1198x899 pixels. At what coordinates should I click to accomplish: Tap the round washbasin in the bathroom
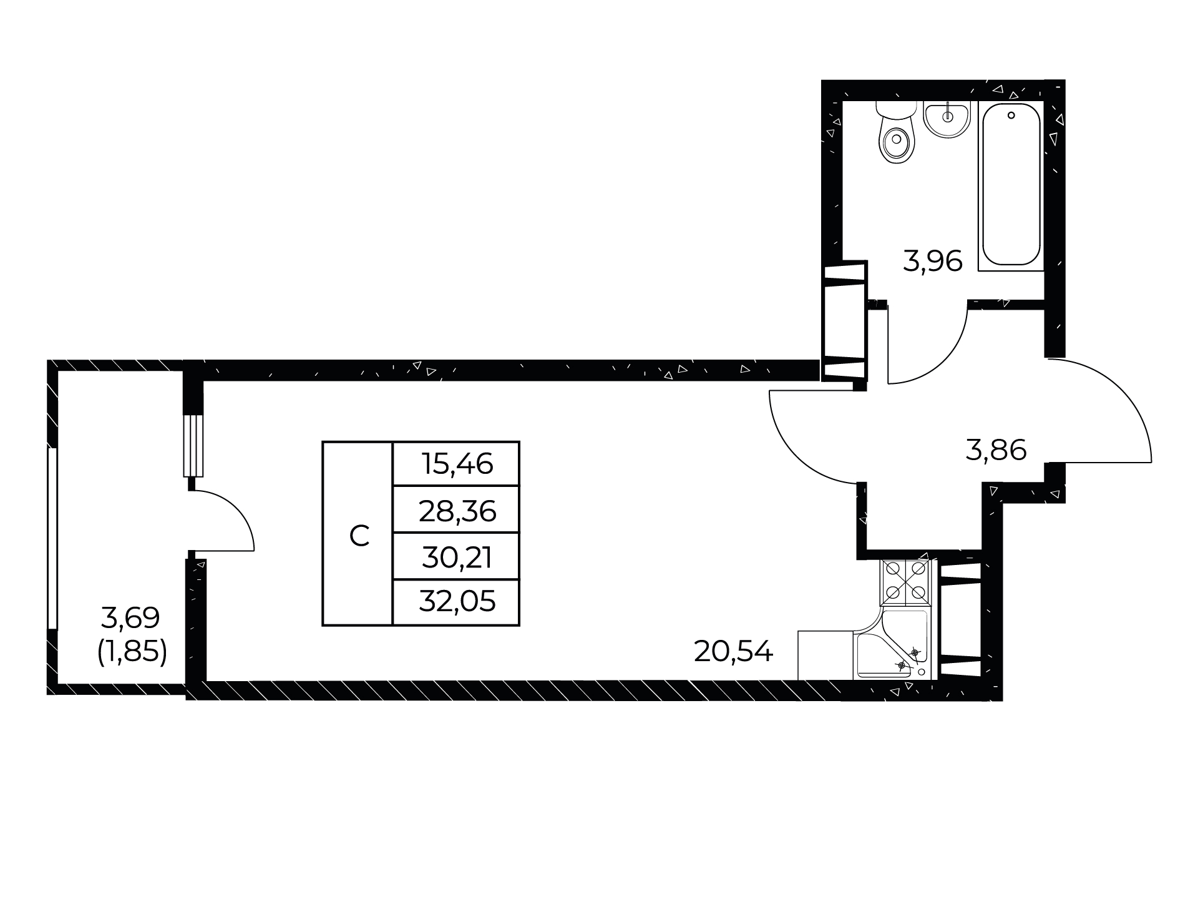[947, 119]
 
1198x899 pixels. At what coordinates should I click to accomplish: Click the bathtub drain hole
[1011, 115]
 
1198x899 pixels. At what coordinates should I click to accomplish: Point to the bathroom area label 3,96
[933, 261]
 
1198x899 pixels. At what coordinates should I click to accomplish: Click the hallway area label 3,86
[996, 449]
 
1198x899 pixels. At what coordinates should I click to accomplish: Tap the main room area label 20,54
[733, 652]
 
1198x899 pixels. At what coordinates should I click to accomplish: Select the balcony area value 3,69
[130, 618]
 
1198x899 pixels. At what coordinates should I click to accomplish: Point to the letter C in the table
[359, 536]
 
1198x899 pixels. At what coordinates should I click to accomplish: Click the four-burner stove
[905, 582]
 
